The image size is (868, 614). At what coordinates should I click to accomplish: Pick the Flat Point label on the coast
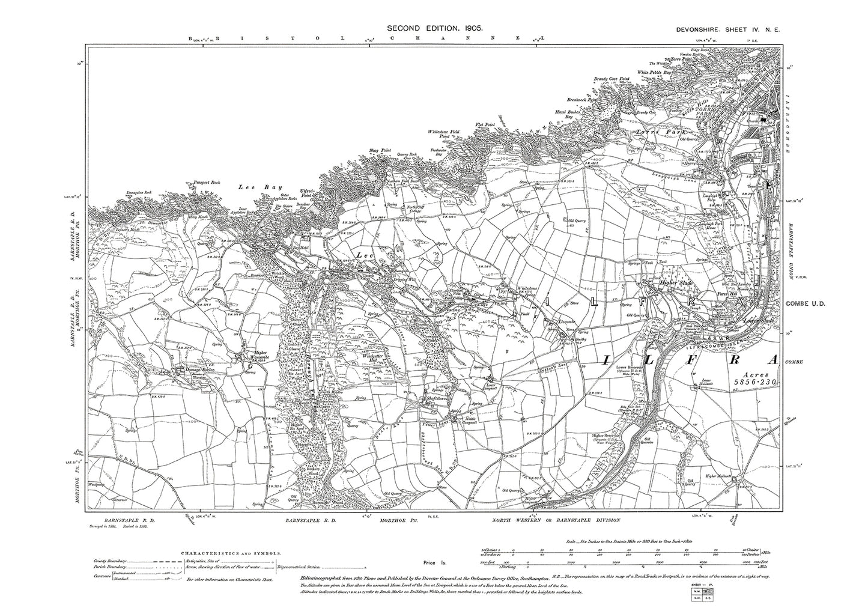[484, 125]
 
